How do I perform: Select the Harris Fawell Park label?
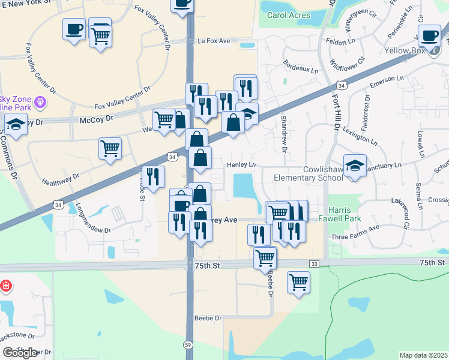(345, 214)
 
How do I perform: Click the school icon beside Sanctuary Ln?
(355, 166)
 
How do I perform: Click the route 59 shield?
(187, 344)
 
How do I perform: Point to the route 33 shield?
(314, 263)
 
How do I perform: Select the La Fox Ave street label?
(214, 41)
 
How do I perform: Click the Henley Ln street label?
(241, 164)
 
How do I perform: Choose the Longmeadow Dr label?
(94, 220)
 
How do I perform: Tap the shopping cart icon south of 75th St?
(298, 281)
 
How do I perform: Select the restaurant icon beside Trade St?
(153, 176)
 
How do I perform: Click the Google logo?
(20, 353)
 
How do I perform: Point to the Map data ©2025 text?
(423, 355)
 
